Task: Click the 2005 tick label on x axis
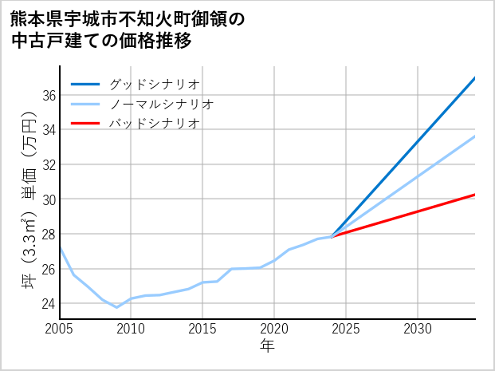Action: coord(60,329)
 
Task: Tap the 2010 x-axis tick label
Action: coord(132,329)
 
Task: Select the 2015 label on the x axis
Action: coord(203,329)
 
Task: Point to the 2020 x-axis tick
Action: coord(274,329)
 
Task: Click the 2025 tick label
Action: coord(346,329)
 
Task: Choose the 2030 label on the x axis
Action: coord(418,329)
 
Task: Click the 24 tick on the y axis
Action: coord(49,303)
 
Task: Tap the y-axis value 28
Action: coord(49,234)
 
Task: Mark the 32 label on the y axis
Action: coord(49,164)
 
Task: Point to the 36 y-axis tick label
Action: coord(49,95)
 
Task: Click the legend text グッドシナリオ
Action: coord(154,84)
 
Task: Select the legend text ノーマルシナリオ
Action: coord(161,104)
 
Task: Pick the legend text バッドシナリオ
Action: coord(154,124)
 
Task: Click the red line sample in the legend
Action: coord(85,124)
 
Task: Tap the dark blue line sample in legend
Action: coord(85,84)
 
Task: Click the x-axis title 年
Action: coord(267,346)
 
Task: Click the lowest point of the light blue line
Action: coord(117,307)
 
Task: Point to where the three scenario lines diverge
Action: coord(332,236)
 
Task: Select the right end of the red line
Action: coord(474,195)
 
